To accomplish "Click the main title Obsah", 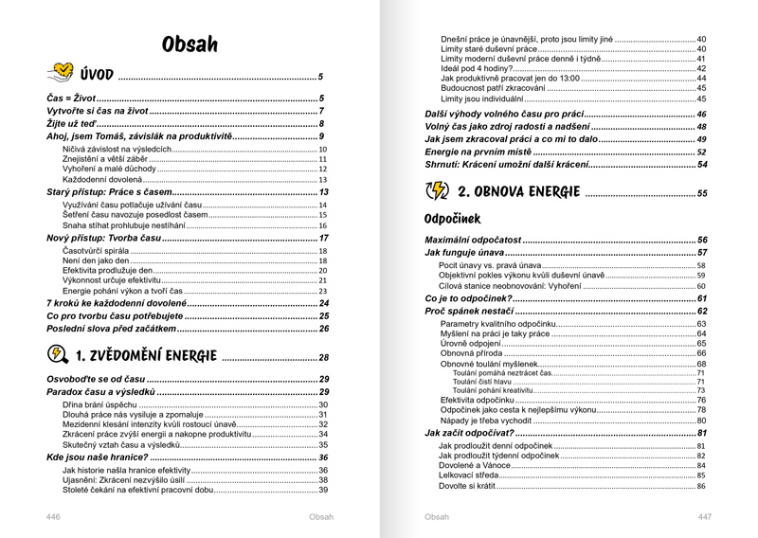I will (x=189, y=44).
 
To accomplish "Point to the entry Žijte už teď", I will (x=72, y=124).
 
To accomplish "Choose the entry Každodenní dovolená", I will (x=101, y=179).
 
